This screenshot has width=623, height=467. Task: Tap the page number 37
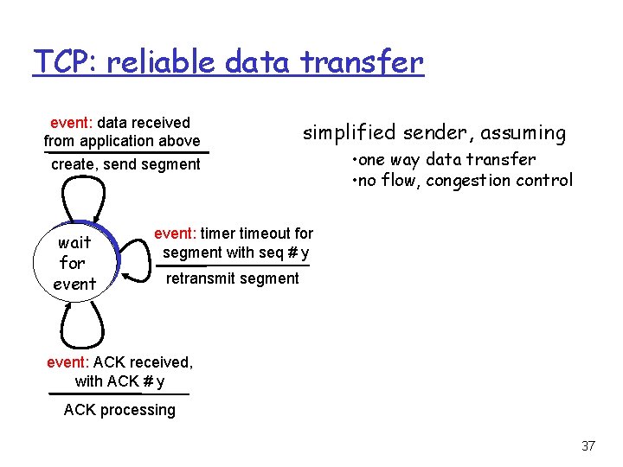coord(588,446)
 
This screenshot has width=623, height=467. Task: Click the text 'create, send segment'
coord(125,164)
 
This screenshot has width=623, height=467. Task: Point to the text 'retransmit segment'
coord(232,278)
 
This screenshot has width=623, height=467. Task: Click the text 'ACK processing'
coord(119,410)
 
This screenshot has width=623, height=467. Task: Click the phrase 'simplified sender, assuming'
coord(434,132)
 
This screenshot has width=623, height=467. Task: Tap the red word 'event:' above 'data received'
coord(74,123)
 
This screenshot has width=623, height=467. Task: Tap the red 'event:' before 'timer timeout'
coord(177,233)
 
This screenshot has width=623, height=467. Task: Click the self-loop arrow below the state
coord(81,325)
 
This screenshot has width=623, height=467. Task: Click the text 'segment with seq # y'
coord(236,253)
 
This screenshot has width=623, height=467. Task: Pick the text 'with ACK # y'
coord(119,381)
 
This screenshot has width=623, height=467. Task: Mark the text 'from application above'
coord(122,141)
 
